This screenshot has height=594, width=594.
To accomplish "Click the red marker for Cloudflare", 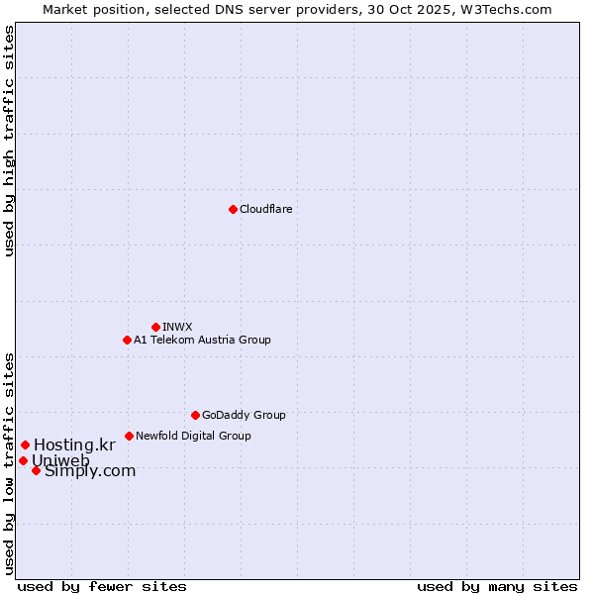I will (x=233, y=209).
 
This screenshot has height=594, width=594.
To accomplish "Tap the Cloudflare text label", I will (x=265, y=209).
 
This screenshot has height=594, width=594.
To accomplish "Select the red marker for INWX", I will (x=155, y=327).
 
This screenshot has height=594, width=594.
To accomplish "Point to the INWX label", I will (x=177, y=327).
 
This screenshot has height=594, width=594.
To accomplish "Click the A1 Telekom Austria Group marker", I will (x=127, y=340).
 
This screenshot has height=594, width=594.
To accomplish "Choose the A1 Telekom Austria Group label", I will (x=202, y=340).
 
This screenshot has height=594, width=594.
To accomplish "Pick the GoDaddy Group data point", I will (x=195, y=415).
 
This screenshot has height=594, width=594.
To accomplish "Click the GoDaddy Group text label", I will (x=244, y=415).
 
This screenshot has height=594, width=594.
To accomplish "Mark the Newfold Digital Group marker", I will (x=129, y=436).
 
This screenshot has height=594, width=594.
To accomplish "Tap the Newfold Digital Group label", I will (x=193, y=436).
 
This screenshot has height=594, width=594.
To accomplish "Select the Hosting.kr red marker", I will (x=25, y=445).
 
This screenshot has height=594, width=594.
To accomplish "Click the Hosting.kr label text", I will (x=74, y=445).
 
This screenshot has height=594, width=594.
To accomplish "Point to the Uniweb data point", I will (x=23, y=460).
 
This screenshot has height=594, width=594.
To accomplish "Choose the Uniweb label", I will (x=60, y=460).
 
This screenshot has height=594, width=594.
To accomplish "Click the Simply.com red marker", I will (x=36, y=470).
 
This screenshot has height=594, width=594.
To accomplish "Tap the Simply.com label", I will (x=90, y=471).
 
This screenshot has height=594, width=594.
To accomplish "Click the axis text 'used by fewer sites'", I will (x=102, y=586).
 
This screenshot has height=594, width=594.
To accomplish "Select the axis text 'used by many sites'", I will (x=497, y=586).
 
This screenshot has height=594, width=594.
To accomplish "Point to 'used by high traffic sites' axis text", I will (x=10, y=141).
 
